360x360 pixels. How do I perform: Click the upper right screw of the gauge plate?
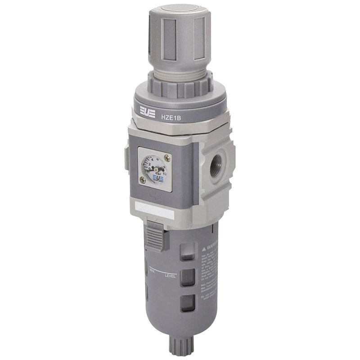pos(168,157)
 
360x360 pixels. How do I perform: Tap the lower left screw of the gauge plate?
pos(143,180)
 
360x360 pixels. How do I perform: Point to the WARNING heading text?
pos(213,246)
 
